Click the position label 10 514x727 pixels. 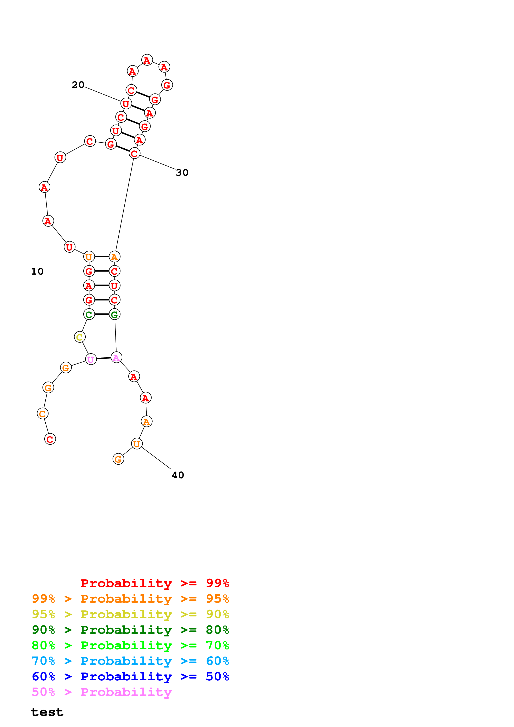click(37, 271)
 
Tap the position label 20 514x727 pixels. click(78, 85)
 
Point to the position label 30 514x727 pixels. click(182, 173)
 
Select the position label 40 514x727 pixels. click(178, 475)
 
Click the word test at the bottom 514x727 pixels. click(47, 712)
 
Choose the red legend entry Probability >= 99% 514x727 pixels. click(154, 583)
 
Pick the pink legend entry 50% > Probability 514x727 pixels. click(102, 692)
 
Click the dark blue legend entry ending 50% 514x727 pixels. click(130, 677)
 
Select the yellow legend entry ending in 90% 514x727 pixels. click(130, 614)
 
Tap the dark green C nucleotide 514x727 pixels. click(89, 314)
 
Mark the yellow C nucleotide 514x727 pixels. click(79, 337)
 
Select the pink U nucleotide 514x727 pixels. click(91, 359)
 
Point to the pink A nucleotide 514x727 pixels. click(116, 357)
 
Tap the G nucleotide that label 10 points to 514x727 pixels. click(89, 271)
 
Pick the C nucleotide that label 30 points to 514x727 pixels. click(135, 153)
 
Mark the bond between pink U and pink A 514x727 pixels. click(103, 359)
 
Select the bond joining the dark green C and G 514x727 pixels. click(102, 314)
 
